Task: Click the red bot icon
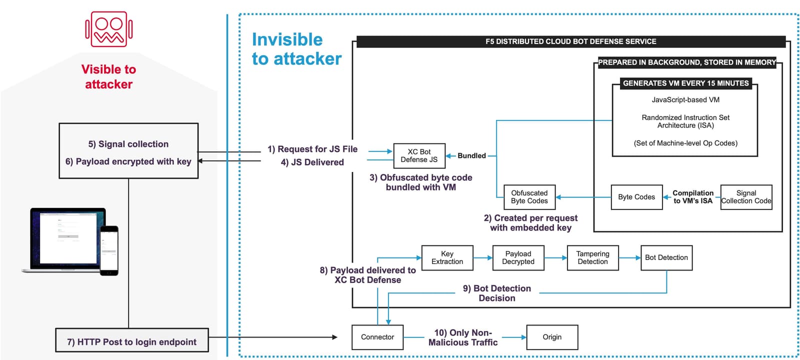click(108, 29)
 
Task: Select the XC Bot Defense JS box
click(419, 155)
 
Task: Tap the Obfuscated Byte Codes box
click(529, 197)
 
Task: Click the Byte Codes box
click(636, 197)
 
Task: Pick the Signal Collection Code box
click(746, 197)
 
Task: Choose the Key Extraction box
click(447, 257)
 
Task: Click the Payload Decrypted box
click(518, 257)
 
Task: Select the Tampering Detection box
click(592, 257)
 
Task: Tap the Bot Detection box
click(666, 257)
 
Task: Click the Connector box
click(377, 337)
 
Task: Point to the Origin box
click(552, 337)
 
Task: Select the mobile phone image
click(109, 250)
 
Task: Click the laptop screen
click(68, 237)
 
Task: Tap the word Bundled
click(471, 155)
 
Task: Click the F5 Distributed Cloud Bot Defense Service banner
click(570, 41)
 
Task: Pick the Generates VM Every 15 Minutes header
click(685, 83)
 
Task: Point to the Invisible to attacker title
click(296, 49)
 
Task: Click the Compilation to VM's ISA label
click(692, 197)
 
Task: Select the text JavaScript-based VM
click(685, 99)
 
